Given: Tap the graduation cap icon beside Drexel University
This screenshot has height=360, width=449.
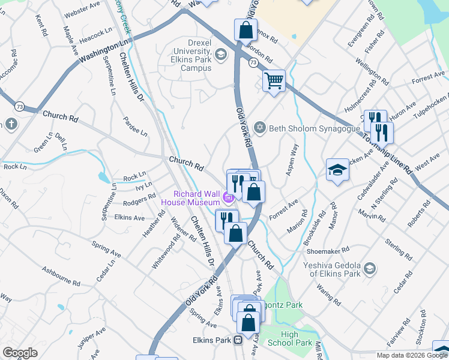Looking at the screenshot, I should pyautogui.click(x=221, y=55).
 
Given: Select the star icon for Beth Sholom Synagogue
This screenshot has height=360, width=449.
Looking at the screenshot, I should pyautogui.click(x=260, y=127).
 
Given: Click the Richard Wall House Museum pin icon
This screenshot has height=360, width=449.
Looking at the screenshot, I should pyautogui.click(x=228, y=197).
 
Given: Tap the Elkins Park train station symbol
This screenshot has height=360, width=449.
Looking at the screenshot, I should pyautogui.click(x=238, y=340).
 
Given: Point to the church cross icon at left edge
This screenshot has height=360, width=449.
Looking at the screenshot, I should pyautogui.click(x=11, y=124).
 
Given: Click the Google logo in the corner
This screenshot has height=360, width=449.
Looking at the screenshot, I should pyautogui.click(x=20, y=353).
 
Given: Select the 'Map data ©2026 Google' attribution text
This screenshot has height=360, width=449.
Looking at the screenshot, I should pyautogui.click(x=412, y=355).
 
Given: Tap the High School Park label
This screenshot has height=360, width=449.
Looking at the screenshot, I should pyautogui.click(x=296, y=339).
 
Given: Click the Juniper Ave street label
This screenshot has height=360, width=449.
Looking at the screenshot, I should pyautogui.click(x=91, y=337).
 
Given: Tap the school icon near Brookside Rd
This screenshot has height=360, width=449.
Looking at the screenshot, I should pyautogui.click(x=337, y=170).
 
